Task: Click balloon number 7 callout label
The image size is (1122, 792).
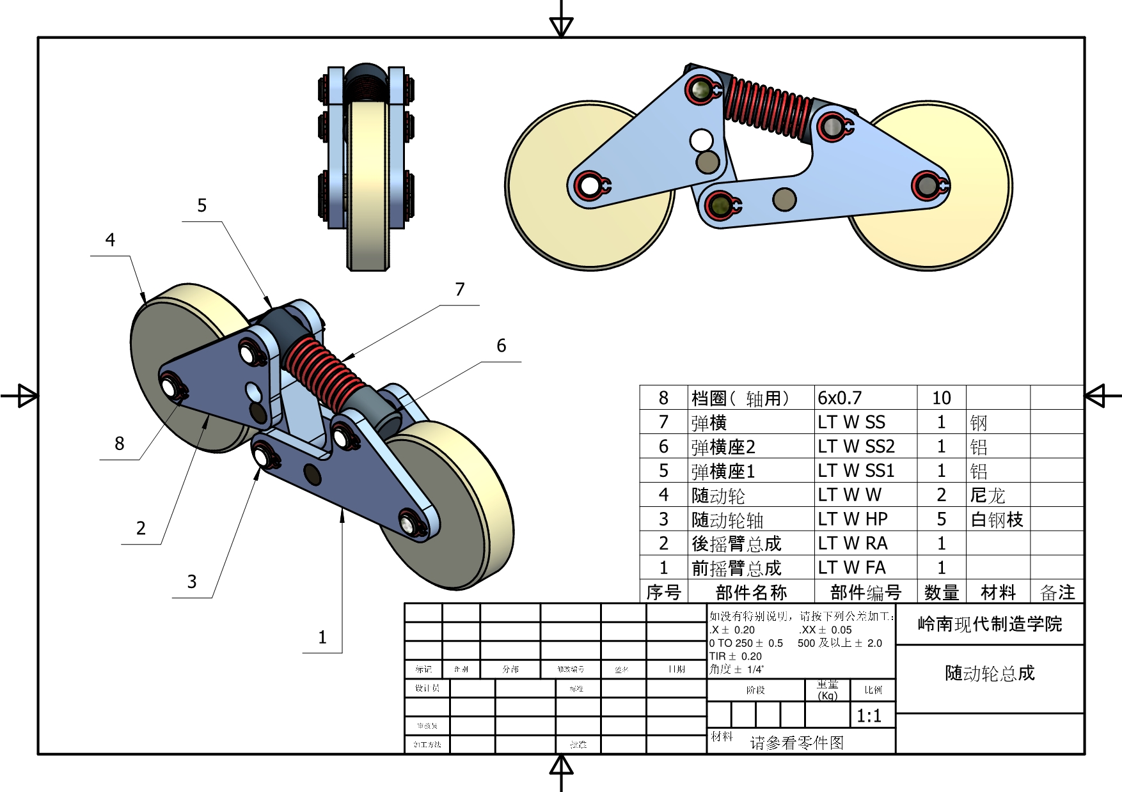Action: coord(459,290)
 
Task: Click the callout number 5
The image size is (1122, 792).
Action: coord(201,205)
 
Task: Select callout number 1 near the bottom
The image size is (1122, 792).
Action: coord(322,637)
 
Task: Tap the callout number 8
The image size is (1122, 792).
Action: coord(120,444)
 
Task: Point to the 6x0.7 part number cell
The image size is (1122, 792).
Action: coord(840,398)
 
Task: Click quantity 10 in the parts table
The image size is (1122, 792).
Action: coord(941,398)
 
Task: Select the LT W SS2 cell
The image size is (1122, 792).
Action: coord(856,446)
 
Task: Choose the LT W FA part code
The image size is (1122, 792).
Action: coord(851,568)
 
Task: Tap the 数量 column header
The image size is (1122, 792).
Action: coord(941,593)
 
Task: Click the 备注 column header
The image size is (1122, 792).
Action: coord(1057,593)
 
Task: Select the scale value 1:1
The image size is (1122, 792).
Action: coord(869,716)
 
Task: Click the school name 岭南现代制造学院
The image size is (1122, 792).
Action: coord(990,624)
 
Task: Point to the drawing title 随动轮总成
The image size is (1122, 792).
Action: coord(990,673)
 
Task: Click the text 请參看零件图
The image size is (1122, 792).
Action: coord(796,743)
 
